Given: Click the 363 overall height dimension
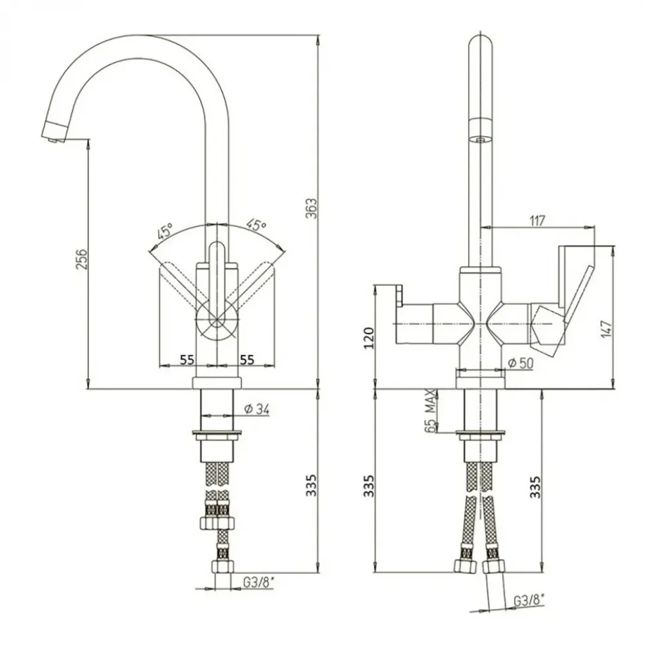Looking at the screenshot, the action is [x=312, y=208].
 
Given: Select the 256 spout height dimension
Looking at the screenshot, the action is [x=81, y=259].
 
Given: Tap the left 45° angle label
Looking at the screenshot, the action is [x=165, y=232].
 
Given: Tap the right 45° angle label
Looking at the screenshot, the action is [x=257, y=224].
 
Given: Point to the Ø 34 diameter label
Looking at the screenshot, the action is [x=257, y=410].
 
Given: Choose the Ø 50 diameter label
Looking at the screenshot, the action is [x=521, y=363].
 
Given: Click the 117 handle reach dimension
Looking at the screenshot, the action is [x=537, y=221].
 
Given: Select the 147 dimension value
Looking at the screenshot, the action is [x=606, y=329].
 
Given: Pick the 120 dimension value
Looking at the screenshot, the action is [x=369, y=338].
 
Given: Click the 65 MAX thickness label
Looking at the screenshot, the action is [x=430, y=410].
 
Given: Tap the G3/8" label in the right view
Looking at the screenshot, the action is [x=529, y=600].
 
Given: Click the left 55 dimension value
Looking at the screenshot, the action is [x=187, y=359].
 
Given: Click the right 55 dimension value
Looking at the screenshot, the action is [x=247, y=359].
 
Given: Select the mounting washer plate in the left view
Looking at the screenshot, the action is [x=217, y=433].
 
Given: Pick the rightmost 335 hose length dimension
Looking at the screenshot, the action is [x=535, y=487].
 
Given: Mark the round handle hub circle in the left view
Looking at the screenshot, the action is [x=217, y=320].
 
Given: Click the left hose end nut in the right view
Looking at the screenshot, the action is [x=465, y=566].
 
